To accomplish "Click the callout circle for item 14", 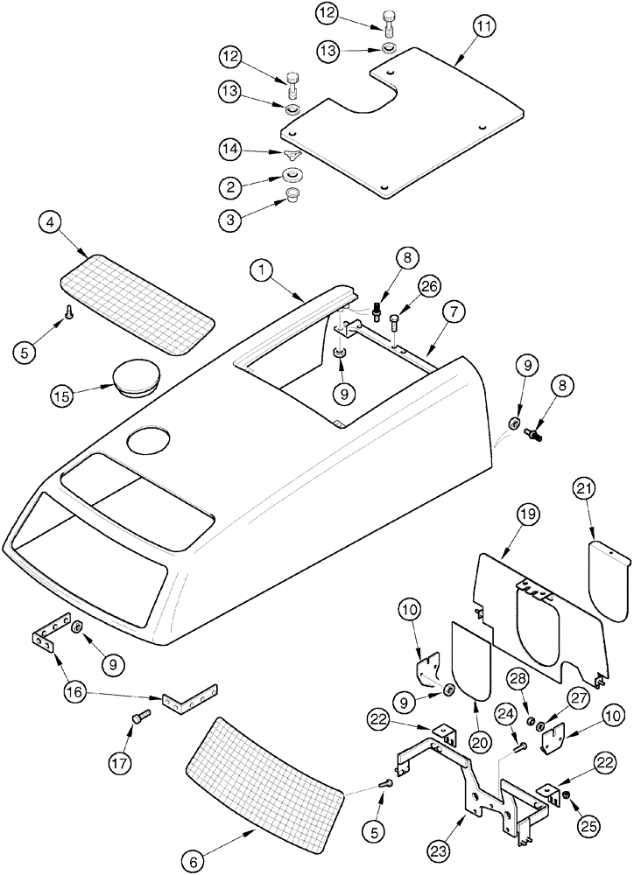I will coord(231,151).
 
